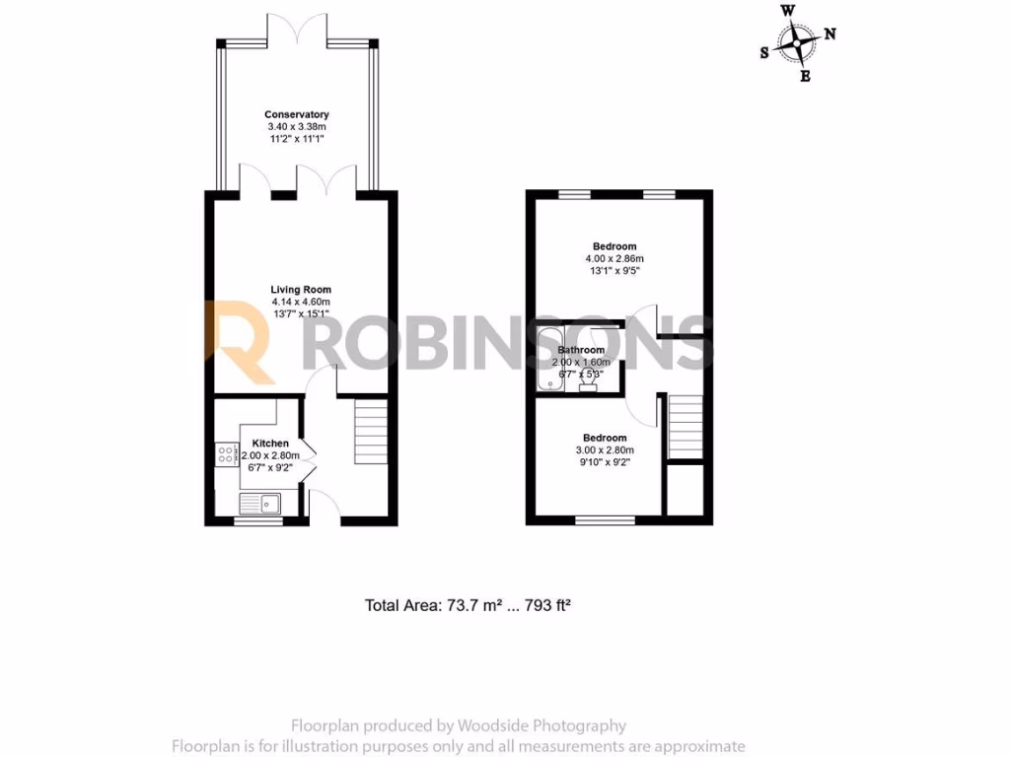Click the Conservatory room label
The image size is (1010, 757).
tap(297, 115)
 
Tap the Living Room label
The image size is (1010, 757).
tap(301, 290)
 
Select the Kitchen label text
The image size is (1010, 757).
tap(270, 444)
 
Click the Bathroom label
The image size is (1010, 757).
tap(581, 350)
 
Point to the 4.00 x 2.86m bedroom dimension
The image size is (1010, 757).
tap(614, 259)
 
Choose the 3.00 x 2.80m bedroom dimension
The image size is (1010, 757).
tap(605, 450)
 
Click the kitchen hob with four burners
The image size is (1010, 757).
tap(225, 455)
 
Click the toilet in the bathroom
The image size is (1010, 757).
tap(589, 381)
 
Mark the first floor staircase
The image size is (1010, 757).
tap(685, 427)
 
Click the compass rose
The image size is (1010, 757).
tap(795, 42)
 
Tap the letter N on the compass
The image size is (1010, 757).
tap(830, 34)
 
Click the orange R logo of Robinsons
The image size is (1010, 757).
tap(240, 342)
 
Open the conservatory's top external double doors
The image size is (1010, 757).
tap(298, 30)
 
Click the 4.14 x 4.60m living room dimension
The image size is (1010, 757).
tap(301, 302)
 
